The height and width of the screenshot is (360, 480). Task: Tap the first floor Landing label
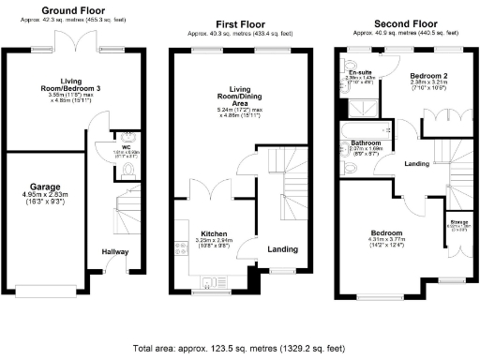pyautogui.click(x=282, y=249)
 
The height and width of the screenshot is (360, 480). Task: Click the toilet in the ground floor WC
pyautogui.click(x=129, y=169)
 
